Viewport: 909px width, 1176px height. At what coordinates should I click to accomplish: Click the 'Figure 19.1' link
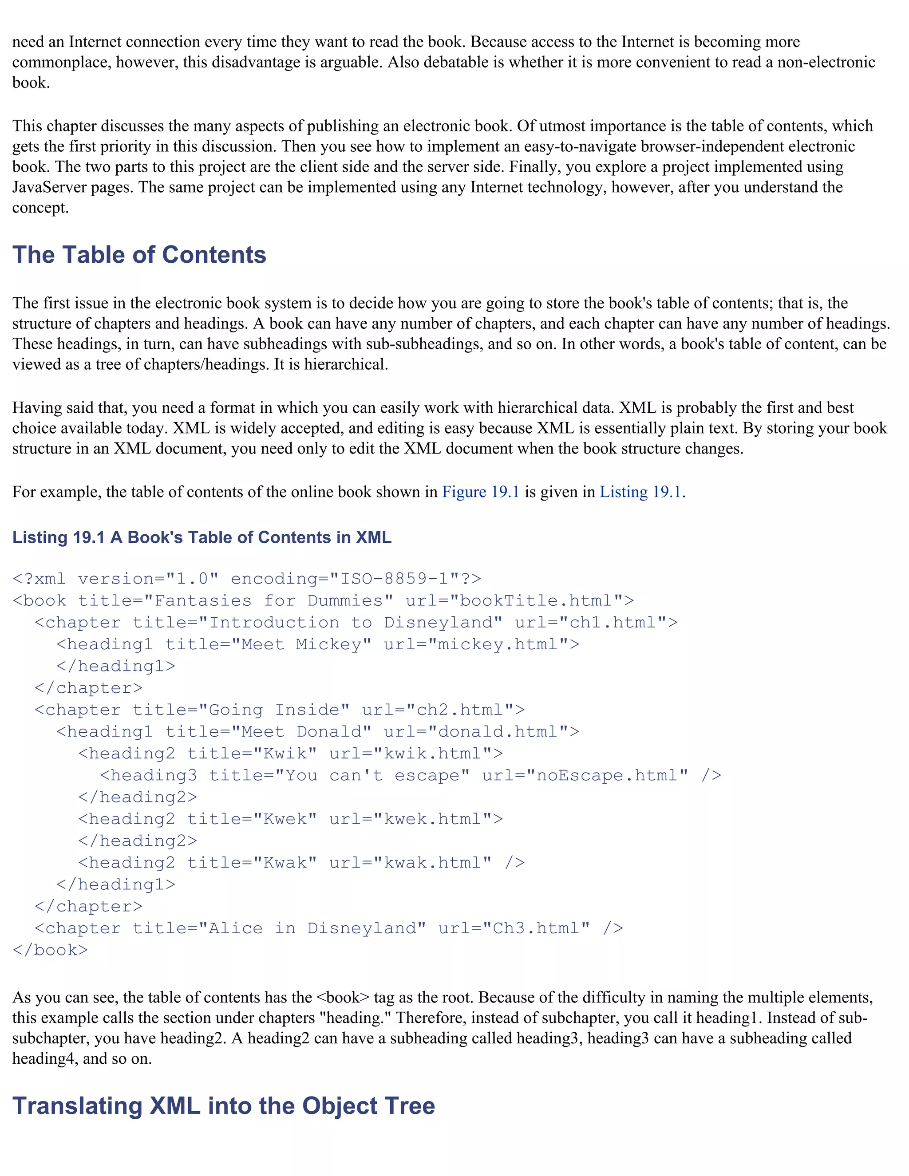tap(480, 492)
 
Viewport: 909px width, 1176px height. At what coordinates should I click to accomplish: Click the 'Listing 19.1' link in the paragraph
tap(640, 492)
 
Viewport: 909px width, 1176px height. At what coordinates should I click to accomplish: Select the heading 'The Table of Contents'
tap(139, 255)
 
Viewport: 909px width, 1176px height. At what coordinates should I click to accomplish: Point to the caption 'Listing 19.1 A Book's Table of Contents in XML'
tap(202, 537)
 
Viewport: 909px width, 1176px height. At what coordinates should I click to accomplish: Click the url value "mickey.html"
tap(498, 644)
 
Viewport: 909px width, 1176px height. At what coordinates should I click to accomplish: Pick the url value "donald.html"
tap(498, 732)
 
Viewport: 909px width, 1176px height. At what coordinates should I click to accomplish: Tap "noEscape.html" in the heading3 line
tap(607, 775)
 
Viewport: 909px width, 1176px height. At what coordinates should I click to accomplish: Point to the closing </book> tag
tap(50, 950)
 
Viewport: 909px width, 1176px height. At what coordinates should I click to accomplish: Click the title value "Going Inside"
tap(274, 710)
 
